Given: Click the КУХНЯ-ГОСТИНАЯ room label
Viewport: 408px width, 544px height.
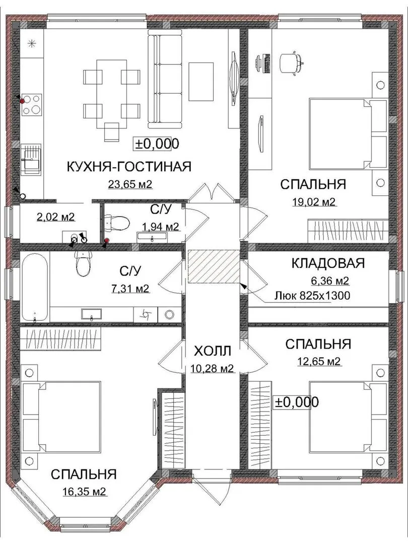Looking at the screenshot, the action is pos(129,167).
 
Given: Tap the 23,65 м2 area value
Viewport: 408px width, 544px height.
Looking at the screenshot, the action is pos(130,184).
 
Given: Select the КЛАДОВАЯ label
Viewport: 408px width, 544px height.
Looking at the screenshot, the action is pos(328,263).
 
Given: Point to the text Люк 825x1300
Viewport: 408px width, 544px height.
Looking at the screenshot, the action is pos(312,296).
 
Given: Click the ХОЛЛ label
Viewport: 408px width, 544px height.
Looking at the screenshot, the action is pos(213,351).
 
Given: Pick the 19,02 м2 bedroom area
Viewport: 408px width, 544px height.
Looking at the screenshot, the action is pos(313,202).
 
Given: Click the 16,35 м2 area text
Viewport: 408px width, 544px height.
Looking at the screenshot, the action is pos(84,492).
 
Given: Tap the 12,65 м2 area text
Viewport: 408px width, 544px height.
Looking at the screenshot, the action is pos(319,362).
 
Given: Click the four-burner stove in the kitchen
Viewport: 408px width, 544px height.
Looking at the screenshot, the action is pos(32,105).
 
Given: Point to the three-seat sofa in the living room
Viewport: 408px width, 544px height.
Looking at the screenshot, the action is pos(165,79).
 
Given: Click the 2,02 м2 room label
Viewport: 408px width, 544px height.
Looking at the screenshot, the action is pos(55,217).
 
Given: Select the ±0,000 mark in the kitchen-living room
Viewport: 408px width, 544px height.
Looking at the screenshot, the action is pos(157,144).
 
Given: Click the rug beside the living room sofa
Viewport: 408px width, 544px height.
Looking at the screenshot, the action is pos(201,82).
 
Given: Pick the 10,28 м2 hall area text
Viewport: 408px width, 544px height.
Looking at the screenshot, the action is pos(212,368).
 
